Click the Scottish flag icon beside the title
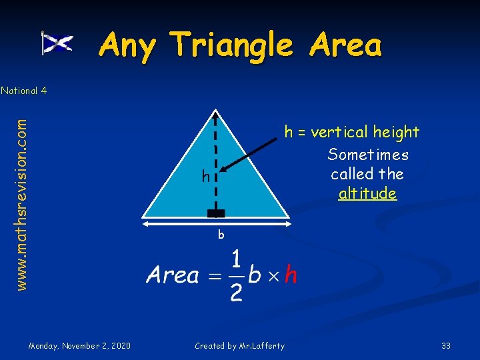pyautogui.click(x=58, y=44)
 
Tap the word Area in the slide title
pyautogui.click(x=345, y=45)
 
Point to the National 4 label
pyautogui.click(x=23, y=90)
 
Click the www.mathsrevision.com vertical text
pyautogui.click(x=21, y=204)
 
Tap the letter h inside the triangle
pyautogui.click(x=207, y=177)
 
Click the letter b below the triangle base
pyautogui.click(x=220, y=235)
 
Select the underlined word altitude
pyautogui.click(x=367, y=194)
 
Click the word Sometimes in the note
pyautogui.click(x=368, y=155)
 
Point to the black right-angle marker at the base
pyautogui.click(x=216, y=213)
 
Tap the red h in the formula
pyautogui.click(x=291, y=275)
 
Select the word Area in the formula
pyautogui.click(x=173, y=275)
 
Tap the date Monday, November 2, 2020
pyautogui.click(x=79, y=345)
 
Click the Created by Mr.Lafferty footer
pyautogui.click(x=239, y=345)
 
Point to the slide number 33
pyautogui.click(x=446, y=345)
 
